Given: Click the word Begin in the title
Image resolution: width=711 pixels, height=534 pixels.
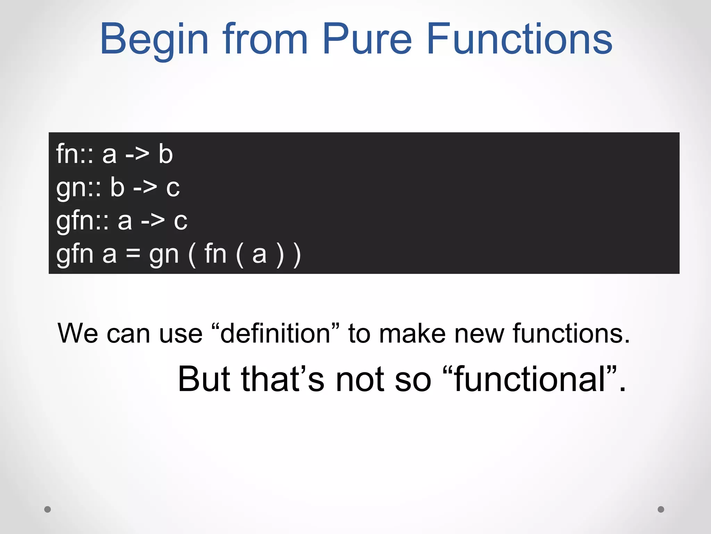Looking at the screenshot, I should click(x=154, y=39).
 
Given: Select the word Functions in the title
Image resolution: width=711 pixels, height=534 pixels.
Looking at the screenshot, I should click(x=519, y=39).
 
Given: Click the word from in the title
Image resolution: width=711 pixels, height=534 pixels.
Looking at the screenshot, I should click(x=265, y=39).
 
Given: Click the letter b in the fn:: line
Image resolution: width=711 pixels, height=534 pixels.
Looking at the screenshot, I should click(x=166, y=154).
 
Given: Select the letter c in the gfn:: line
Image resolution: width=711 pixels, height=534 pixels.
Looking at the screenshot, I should click(x=181, y=221).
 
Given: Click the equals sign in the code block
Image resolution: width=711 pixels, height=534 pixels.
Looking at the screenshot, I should click(x=133, y=254).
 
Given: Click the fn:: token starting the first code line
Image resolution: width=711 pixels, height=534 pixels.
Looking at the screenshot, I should click(x=75, y=154).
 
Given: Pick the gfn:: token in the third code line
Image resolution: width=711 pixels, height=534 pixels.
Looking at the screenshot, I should click(x=83, y=221).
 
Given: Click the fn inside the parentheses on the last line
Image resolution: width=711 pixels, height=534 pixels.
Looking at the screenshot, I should click(x=215, y=254).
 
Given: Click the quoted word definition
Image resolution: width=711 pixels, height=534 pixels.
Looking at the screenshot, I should click(x=275, y=333).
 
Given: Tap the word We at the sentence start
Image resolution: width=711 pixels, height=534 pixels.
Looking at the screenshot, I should click(x=78, y=333).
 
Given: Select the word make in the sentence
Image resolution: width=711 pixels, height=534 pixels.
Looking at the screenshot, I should click(x=412, y=333).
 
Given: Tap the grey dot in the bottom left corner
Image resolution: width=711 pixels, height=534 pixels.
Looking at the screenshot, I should click(x=48, y=509).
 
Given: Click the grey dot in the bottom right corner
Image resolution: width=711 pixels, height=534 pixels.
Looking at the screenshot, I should click(x=661, y=509).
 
